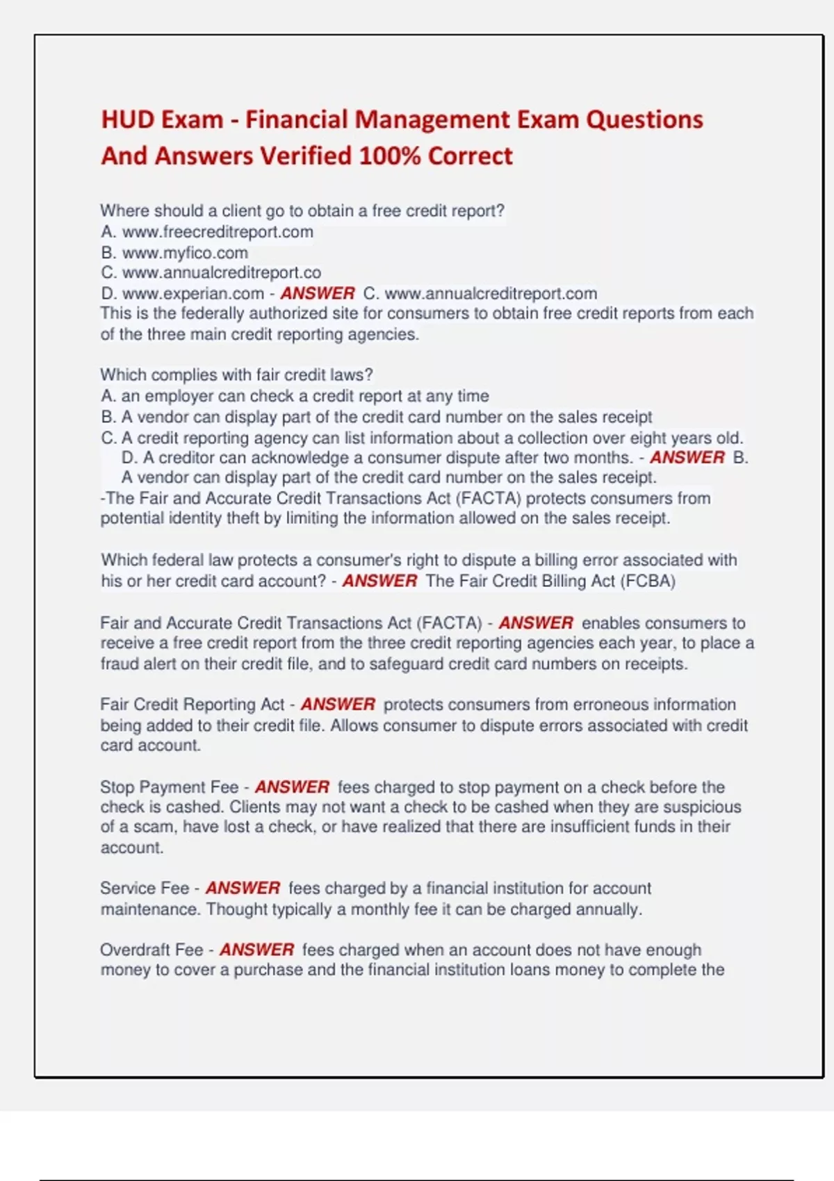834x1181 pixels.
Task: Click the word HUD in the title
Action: coord(126,119)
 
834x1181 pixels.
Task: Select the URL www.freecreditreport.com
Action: coord(218,232)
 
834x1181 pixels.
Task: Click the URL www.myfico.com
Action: coord(185,253)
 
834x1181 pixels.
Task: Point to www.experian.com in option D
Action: coord(193,294)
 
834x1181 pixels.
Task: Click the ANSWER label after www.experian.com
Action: coord(318,294)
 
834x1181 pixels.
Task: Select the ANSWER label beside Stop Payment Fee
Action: coord(292,787)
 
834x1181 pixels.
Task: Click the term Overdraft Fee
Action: coord(152,950)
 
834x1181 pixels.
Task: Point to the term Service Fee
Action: coord(145,889)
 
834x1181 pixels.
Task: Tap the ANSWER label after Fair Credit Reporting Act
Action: coord(338,704)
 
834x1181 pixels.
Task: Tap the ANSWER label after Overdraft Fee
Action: coord(257,950)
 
